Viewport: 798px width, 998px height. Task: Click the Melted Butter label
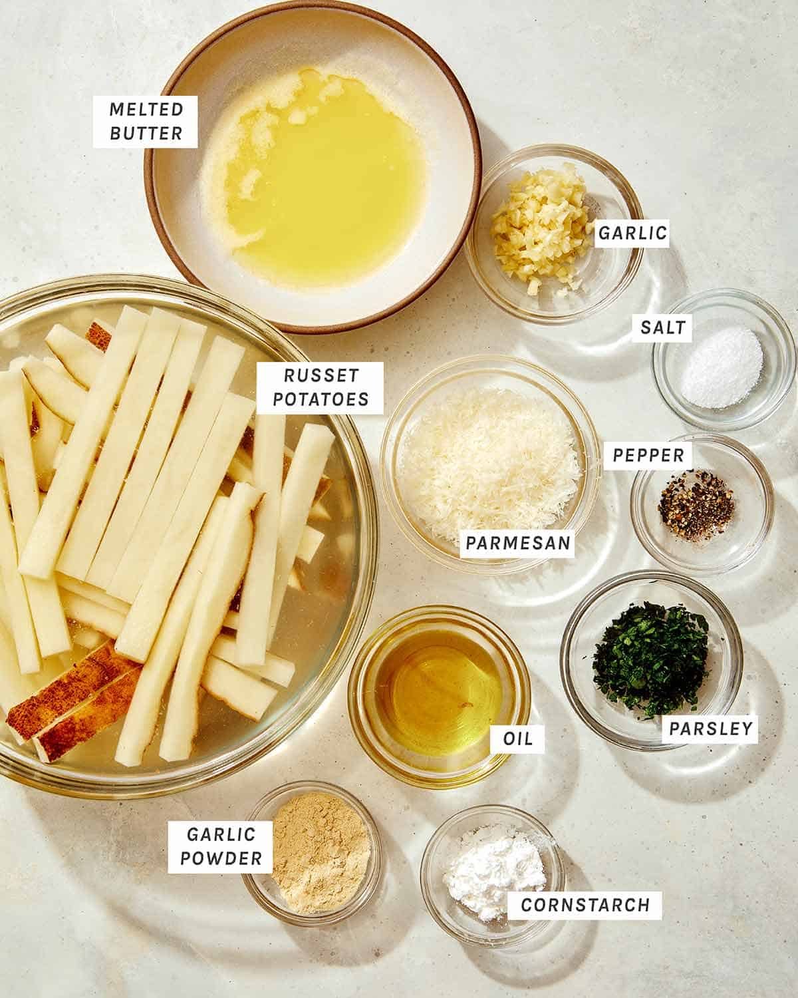pos(146,122)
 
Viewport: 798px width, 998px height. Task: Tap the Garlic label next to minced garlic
pos(631,233)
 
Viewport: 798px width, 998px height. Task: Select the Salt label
pos(662,327)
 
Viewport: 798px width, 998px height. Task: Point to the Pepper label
pos(648,455)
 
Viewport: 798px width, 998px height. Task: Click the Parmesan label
pos(518,543)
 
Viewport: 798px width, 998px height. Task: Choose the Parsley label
pos(710,728)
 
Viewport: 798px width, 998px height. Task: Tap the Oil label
pos(517,739)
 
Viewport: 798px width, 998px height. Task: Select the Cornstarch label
pos(585,905)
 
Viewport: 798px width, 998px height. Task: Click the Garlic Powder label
pos(220,846)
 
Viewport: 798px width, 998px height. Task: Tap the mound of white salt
pos(722,366)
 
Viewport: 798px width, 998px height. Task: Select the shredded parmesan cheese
pos(489,459)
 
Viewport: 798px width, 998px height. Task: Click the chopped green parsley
pos(652,659)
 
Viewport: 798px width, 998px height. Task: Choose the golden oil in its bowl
pos(439,692)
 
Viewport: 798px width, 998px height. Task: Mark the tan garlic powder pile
pos(321,852)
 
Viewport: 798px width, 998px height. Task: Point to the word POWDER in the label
pos(220,858)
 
